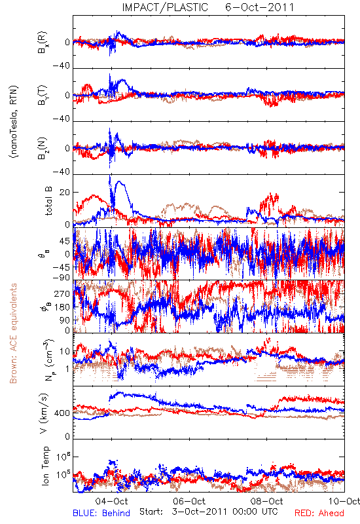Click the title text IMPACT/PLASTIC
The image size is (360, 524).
pyautogui.click(x=165, y=7)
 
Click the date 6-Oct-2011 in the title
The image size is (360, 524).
pyautogui.click(x=260, y=7)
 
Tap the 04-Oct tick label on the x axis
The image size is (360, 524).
pyautogui.click(x=111, y=501)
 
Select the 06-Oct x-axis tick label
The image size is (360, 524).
pyautogui.click(x=189, y=501)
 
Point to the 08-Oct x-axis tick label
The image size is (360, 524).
pyautogui.click(x=266, y=501)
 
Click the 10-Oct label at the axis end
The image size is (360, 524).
pyautogui.click(x=344, y=501)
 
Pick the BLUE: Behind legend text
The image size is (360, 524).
pyautogui.click(x=101, y=513)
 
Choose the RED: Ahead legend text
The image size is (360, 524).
pyautogui.click(x=319, y=513)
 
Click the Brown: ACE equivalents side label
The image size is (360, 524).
pyautogui.click(x=13, y=333)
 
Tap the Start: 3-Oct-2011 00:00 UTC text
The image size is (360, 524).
pyautogui.click(x=208, y=512)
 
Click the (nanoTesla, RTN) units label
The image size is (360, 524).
pyautogui.click(x=14, y=122)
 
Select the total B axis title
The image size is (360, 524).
pyautogui.click(x=48, y=200)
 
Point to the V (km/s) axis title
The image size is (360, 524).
pyautogui.click(x=44, y=413)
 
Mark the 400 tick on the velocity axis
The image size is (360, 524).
pyautogui.click(x=62, y=413)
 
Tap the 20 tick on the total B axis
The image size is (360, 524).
pyautogui.click(x=65, y=192)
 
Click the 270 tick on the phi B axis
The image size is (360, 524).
pyautogui.click(x=62, y=293)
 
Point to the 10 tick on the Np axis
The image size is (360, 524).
pyautogui.click(x=65, y=352)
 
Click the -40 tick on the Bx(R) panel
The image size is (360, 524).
pyautogui.click(x=62, y=66)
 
